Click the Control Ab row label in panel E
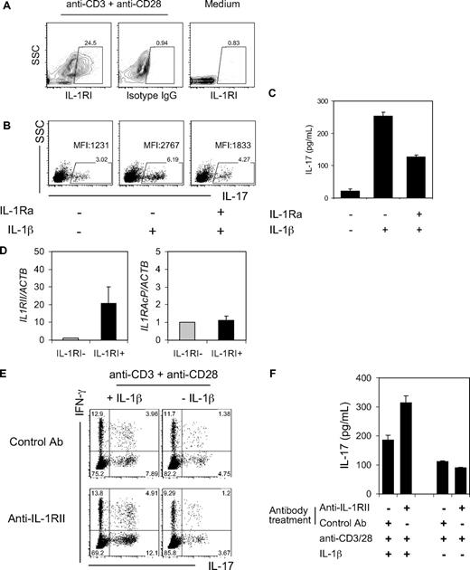[x=38, y=430]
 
